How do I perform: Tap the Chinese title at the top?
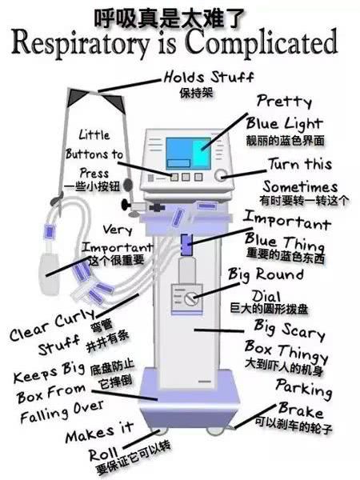point(180,14)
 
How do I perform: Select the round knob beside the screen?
point(220,174)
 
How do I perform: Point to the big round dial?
point(190,298)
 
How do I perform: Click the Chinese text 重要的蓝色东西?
point(286,258)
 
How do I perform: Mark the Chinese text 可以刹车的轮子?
point(294,421)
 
